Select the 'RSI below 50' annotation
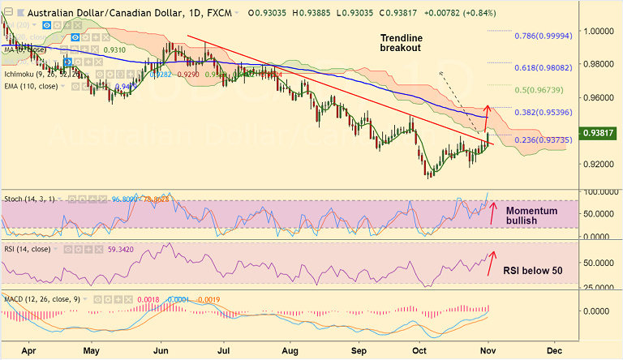(531, 271)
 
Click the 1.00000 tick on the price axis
(600, 31)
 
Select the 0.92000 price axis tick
(600, 164)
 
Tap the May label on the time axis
(91, 351)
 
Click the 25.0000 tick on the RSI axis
(600, 285)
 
